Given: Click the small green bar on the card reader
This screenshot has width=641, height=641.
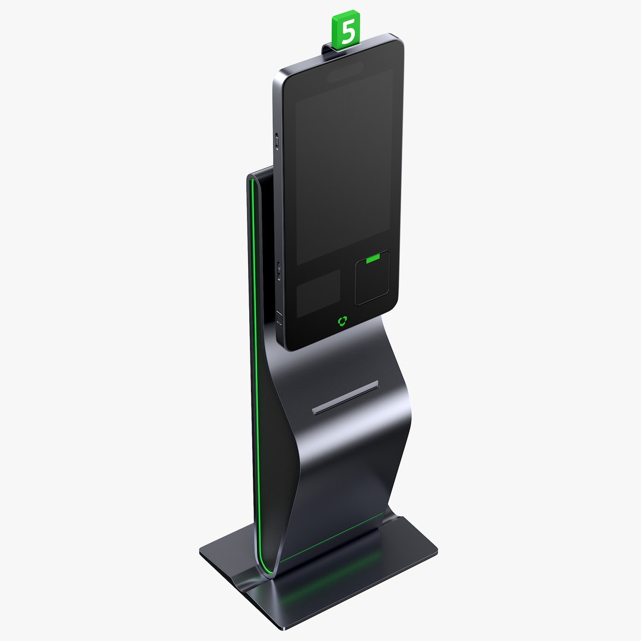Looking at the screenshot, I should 373,259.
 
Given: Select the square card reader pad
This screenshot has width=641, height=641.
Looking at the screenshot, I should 373,279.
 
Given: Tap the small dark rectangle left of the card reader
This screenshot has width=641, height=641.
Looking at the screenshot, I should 319,292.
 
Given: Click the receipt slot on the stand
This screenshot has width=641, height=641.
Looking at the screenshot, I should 345,397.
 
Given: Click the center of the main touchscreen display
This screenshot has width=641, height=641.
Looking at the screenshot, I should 344,166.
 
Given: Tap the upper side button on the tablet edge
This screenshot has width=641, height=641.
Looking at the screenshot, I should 277,141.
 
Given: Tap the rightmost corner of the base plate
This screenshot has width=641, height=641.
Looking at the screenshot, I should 436,549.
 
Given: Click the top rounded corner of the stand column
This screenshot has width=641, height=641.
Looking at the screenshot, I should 252,176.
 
